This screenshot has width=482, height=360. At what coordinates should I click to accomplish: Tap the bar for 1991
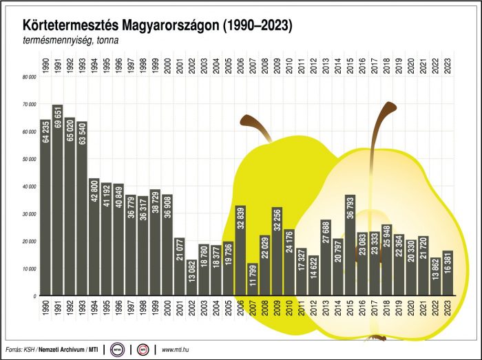[57, 200]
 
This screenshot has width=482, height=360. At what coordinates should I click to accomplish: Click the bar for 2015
[350, 245]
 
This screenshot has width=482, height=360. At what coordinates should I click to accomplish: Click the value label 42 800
[94, 193]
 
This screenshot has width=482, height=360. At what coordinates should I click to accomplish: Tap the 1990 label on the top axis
[45, 67]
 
